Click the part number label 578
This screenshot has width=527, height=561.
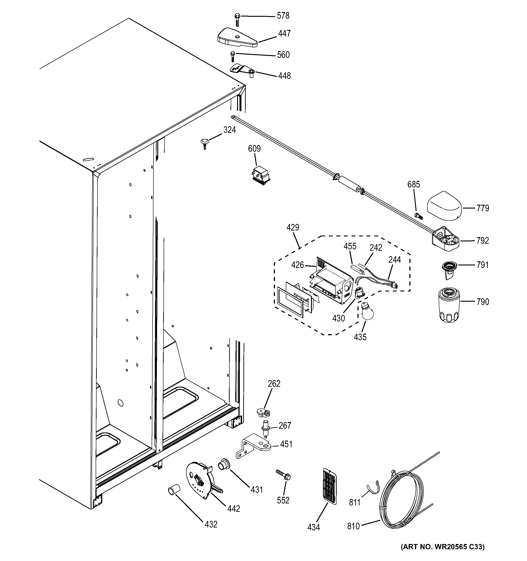(283, 16)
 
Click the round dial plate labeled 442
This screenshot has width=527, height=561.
(200, 483)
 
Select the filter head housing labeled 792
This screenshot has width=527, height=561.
(445, 240)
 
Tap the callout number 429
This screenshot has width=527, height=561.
(293, 227)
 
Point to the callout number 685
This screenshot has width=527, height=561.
(414, 185)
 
